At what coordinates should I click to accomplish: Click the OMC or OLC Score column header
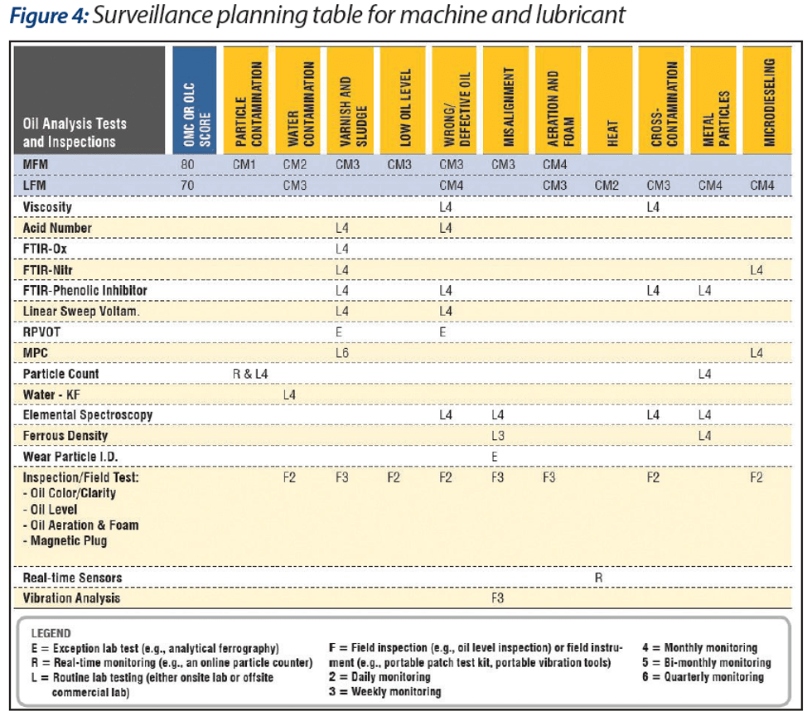[195, 100]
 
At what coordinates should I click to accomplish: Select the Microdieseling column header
[767, 100]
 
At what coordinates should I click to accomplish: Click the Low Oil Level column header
[403, 100]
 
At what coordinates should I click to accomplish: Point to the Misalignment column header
[506, 100]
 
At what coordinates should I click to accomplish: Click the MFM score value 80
[187, 165]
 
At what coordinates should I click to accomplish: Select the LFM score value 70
[187, 186]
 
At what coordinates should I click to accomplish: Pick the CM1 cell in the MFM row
[244, 165]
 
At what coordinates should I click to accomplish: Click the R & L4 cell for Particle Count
[250, 374]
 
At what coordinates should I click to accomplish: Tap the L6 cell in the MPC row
[342, 353]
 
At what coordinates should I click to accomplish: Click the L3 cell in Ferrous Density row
[498, 436]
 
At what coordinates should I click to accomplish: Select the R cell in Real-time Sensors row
[598, 578]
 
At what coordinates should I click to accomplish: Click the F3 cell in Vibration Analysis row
[498, 598]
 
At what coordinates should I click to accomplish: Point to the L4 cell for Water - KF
[289, 395]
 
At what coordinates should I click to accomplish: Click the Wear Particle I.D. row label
[70, 457]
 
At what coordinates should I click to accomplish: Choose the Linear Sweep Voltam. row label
[81, 312]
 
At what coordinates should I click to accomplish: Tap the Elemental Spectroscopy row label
[88, 415]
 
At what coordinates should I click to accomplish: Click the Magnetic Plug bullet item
[65, 541]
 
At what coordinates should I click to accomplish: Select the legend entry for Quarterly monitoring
[703, 677]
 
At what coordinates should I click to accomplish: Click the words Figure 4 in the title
[49, 16]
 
